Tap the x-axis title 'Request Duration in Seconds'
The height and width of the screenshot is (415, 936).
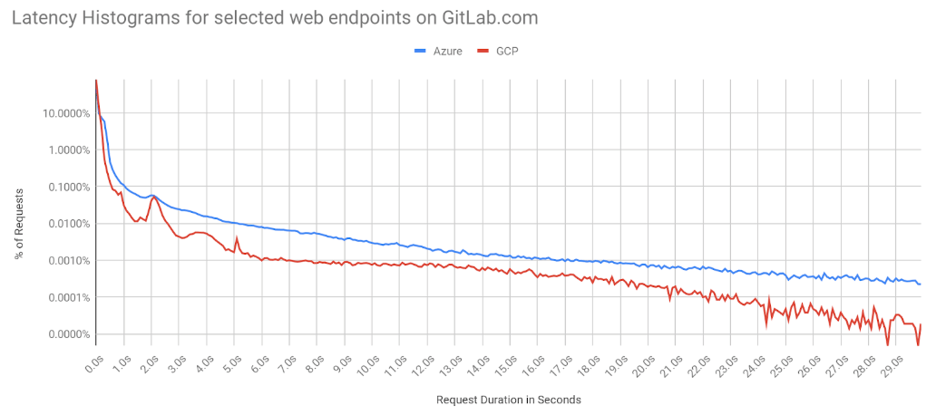[508, 399]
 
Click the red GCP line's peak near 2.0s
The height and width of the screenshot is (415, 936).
[152, 197]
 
